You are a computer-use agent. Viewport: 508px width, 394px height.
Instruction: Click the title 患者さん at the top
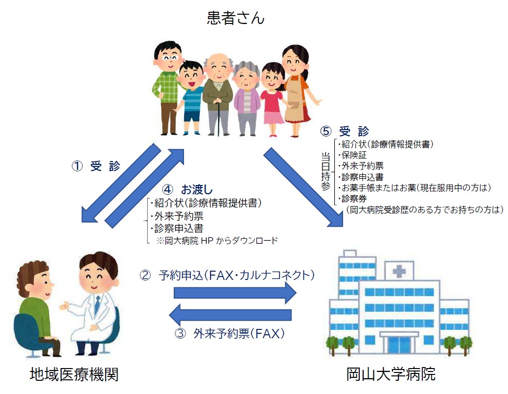[x=235, y=18]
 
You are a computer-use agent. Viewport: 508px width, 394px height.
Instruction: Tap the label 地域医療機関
[x=74, y=374]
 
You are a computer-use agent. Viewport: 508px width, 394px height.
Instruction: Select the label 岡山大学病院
[x=391, y=374]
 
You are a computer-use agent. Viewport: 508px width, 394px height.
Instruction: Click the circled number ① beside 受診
[x=77, y=166]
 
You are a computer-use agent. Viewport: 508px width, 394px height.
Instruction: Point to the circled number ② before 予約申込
[x=145, y=275]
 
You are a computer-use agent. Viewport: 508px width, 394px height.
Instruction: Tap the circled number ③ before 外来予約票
[x=180, y=333]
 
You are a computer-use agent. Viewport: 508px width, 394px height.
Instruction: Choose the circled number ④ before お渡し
[x=167, y=189]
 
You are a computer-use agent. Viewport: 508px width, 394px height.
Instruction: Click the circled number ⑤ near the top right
[x=326, y=131]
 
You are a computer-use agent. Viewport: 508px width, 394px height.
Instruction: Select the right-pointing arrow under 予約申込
[x=235, y=293]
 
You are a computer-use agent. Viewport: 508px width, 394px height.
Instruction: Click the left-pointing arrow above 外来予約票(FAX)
[x=231, y=315]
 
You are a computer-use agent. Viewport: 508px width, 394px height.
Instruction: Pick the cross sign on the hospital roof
[x=399, y=271]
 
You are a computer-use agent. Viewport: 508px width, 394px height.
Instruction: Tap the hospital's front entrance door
[x=399, y=346]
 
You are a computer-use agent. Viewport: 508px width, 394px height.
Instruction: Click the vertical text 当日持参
[x=325, y=172]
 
